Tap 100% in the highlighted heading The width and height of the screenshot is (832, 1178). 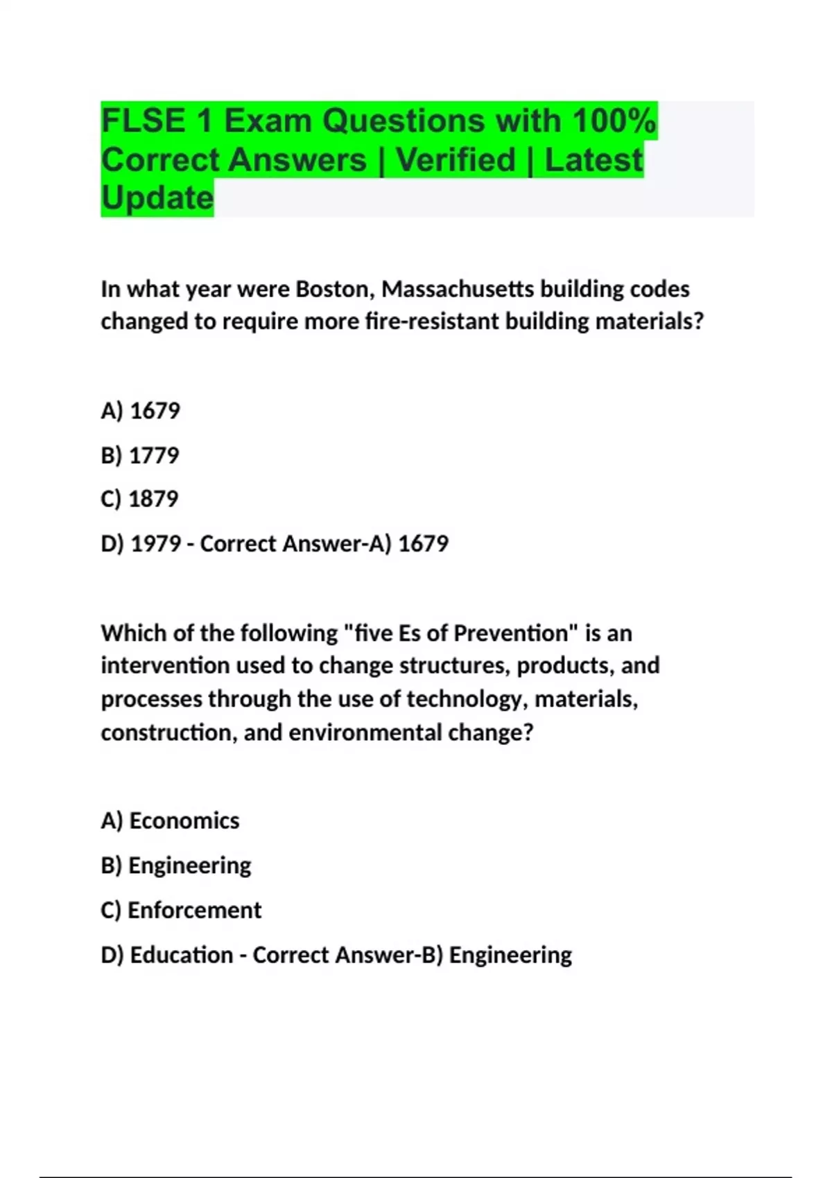click(x=614, y=121)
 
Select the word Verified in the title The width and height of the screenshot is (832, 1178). click(x=456, y=160)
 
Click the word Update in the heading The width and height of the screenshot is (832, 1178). click(x=157, y=198)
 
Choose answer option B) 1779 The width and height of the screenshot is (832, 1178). click(x=140, y=455)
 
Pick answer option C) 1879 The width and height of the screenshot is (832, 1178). click(x=139, y=499)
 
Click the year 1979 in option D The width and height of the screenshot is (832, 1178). click(x=156, y=544)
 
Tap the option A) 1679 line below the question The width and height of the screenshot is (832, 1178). click(x=140, y=411)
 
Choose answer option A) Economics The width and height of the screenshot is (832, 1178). click(x=170, y=821)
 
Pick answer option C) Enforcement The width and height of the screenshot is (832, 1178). click(x=181, y=911)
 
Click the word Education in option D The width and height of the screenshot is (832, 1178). click(x=182, y=955)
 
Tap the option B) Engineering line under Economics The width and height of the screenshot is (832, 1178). click(x=176, y=865)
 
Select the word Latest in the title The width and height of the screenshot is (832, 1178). click(x=593, y=160)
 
